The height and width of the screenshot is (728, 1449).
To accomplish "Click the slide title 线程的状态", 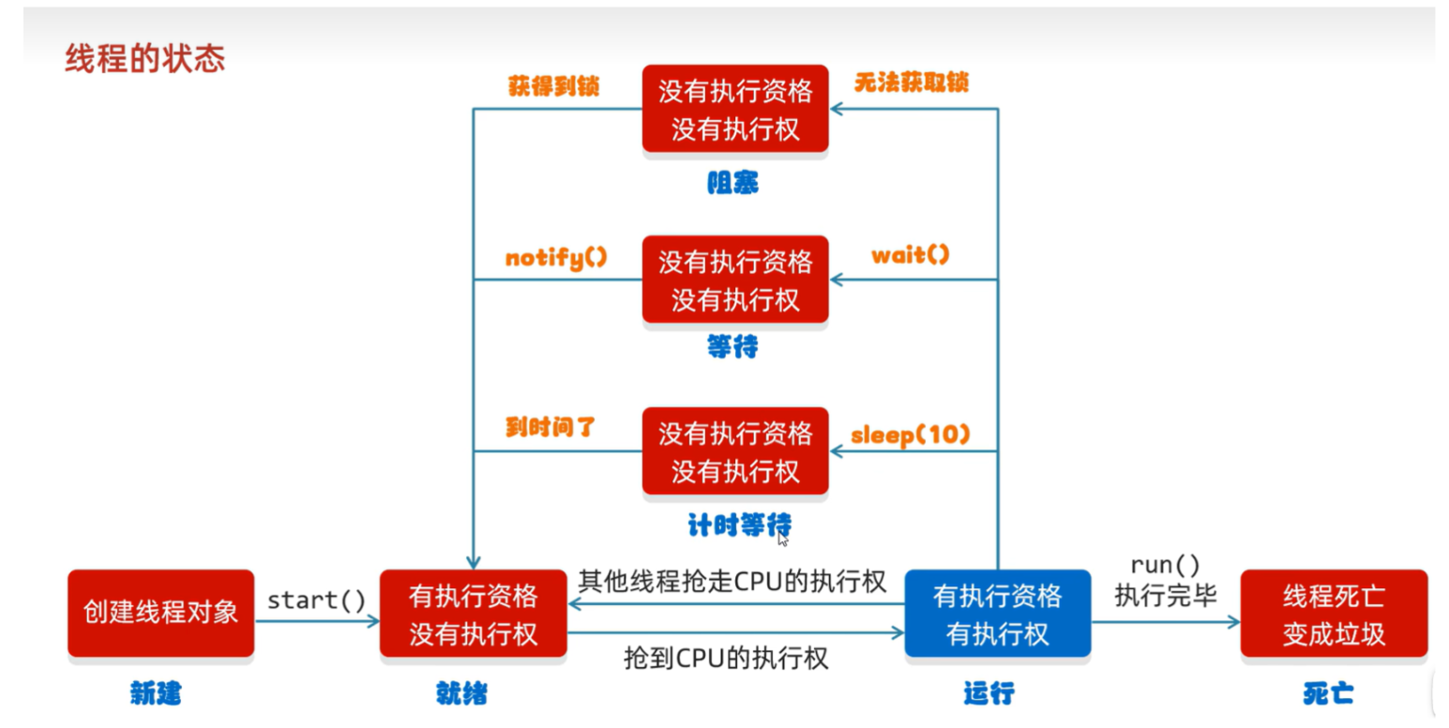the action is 144,58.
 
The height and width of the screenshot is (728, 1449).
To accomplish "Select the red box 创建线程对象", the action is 161,613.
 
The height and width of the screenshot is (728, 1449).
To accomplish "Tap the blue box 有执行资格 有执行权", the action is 998,613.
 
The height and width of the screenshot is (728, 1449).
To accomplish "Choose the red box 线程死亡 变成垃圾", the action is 1334,613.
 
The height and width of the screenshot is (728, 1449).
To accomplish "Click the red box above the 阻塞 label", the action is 735,109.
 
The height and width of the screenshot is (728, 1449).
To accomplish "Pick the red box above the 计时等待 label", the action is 735,451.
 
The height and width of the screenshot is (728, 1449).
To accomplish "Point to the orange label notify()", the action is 556,258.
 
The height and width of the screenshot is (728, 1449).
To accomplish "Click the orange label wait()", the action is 910,255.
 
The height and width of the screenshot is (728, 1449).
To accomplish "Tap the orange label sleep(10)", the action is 910,434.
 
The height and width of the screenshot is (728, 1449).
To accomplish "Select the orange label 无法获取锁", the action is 912,83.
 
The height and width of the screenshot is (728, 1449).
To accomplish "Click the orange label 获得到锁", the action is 553,86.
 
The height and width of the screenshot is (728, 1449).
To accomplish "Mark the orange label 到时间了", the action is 550,427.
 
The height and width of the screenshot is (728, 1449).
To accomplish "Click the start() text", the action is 316,599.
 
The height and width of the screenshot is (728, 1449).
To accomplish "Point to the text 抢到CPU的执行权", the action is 726,659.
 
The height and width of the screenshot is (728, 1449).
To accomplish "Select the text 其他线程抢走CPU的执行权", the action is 732,581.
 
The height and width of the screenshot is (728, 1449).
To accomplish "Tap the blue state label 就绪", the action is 461,693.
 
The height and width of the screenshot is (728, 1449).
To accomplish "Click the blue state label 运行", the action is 989,693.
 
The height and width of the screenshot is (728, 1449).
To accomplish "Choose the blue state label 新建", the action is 156,693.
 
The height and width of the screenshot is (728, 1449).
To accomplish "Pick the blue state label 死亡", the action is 1328,693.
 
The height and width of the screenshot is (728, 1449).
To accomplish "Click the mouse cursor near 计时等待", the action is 783,539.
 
